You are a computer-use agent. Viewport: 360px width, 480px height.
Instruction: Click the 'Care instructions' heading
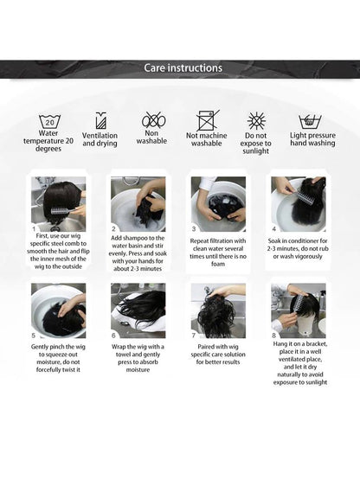[183, 67]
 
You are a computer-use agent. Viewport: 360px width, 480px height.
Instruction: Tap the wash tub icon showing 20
[49, 122]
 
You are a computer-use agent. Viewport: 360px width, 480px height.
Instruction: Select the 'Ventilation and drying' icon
[100, 120]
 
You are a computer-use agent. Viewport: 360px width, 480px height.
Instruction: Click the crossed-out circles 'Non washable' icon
[153, 120]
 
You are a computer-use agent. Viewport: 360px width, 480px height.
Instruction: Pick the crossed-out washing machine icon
[207, 120]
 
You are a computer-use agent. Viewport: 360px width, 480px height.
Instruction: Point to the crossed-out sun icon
[256, 120]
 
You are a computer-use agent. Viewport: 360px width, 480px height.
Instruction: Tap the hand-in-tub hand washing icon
[310, 122]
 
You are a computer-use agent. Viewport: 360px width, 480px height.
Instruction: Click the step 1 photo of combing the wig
[59, 204]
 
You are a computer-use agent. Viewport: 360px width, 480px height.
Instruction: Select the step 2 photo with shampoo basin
[138, 204]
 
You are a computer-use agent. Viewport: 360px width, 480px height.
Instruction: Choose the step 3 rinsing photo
[218, 204]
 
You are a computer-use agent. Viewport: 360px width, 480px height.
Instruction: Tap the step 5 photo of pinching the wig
[59, 310]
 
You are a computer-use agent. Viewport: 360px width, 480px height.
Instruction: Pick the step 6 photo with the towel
[138, 310]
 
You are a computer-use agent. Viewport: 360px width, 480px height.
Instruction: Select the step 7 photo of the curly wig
[218, 310]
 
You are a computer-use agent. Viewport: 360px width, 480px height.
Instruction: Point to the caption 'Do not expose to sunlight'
[256, 143]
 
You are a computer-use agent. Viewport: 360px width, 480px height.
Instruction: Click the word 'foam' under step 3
[218, 264]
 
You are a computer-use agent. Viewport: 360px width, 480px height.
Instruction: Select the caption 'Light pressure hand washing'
[312, 139]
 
